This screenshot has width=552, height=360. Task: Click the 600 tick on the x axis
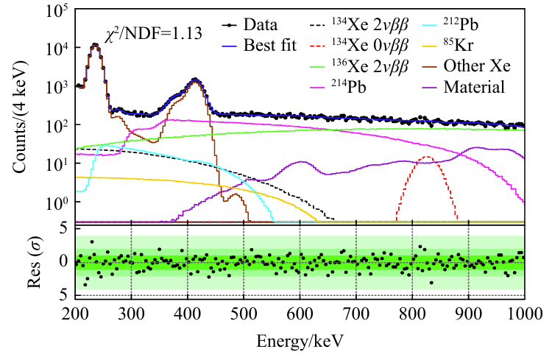click(x=300, y=312)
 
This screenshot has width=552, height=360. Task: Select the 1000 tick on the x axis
click(x=524, y=312)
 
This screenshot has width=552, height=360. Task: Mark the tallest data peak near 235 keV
click(x=94, y=44)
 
